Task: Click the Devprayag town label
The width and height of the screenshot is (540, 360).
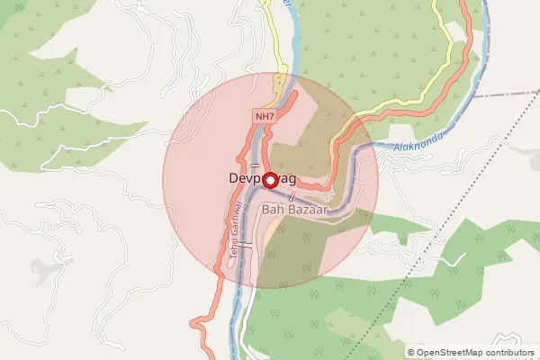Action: pos(256,178)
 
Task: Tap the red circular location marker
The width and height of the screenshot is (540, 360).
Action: pos(268,179)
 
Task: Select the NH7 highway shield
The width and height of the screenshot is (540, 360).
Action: pos(264,116)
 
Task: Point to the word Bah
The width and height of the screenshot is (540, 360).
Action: pos(274,209)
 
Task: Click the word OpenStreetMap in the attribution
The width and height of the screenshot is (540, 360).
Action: pos(453,353)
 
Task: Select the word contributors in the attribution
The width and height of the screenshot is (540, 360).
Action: pos(512,353)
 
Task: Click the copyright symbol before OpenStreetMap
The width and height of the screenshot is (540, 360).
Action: pos(411,353)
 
